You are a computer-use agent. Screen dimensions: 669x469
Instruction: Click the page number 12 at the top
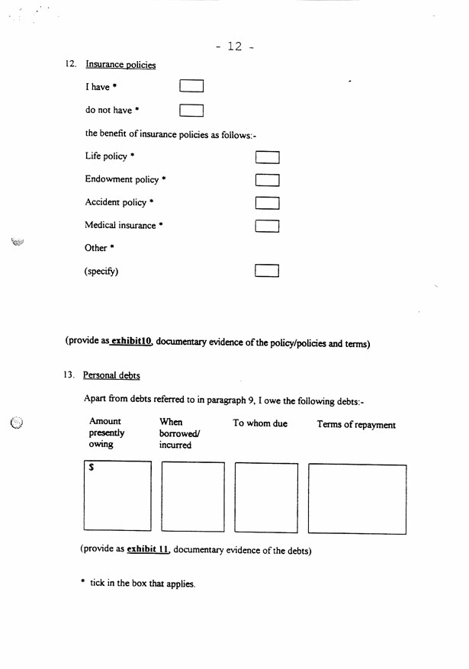coord(234,47)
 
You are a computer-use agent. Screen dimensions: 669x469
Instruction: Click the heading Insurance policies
coord(120,65)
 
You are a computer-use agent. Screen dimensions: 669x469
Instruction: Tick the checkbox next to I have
coord(191,86)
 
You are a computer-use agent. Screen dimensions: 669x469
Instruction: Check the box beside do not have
coord(191,110)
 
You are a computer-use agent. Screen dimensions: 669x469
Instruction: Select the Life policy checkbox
coord(267,157)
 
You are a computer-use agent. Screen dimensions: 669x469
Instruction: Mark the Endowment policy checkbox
coord(267,180)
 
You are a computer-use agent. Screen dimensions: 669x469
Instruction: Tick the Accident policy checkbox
coord(267,203)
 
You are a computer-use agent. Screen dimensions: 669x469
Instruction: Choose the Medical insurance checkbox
coord(267,226)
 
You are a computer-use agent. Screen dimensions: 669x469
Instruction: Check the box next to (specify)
coord(267,271)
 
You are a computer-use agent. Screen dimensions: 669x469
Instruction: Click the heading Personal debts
coord(111,375)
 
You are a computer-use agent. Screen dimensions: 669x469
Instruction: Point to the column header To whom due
coord(260,423)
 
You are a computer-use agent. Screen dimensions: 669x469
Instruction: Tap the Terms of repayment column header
coord(356,425)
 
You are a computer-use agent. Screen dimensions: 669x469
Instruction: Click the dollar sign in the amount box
coord(92,468)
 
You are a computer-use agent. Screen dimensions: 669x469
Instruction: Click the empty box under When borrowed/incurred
coord(193,496)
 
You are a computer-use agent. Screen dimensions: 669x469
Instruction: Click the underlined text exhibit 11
coord(147,549)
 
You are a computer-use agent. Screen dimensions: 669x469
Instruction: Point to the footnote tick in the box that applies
coord(142,584)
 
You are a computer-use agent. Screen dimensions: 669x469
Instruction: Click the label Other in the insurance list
coord(96,248)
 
